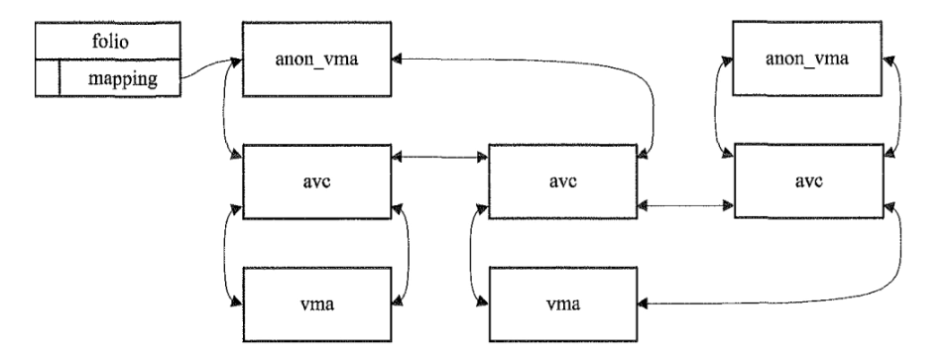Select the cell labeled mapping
click(x=119, y=78)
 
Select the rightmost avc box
click(x=807, y=181)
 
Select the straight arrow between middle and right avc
click(x=684, y=206)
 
